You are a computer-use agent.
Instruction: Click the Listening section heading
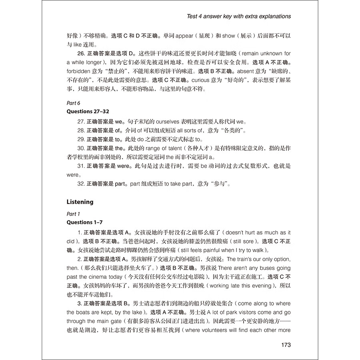(80, 202)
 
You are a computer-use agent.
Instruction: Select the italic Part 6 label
(73, 103)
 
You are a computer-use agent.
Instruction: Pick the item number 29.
(81, 140)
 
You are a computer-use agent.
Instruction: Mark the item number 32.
(81, 184)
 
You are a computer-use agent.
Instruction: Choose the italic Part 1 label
(73, 214)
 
